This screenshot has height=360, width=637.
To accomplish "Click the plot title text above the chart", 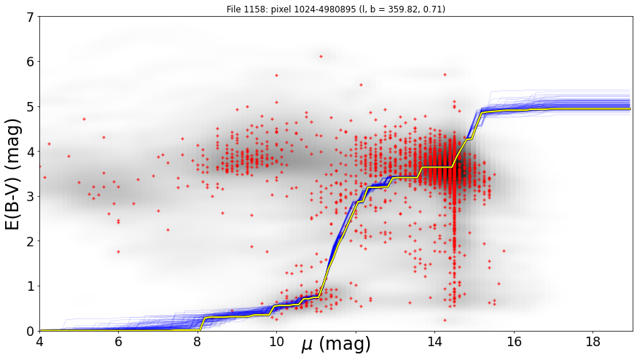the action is tap(335, 9).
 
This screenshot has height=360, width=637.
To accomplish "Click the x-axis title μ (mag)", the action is tap(335, 344).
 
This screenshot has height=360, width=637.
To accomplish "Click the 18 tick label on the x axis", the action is tap(593, 342).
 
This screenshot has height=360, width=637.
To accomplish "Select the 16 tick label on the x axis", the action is tap(514, 342).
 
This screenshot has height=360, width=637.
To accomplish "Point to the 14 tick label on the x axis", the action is tap(434, 342).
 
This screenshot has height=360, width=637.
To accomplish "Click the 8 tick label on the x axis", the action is tap(198, 342).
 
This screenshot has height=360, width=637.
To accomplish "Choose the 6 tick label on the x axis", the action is tap(118, 342).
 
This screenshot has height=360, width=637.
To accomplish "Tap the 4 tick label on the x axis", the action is tap(39, 342).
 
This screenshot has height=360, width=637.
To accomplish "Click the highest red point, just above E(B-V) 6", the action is tap(321, 57).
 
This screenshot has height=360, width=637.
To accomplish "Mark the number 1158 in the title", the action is tap(251, 9).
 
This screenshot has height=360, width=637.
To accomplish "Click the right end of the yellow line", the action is tap(630, 109).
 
